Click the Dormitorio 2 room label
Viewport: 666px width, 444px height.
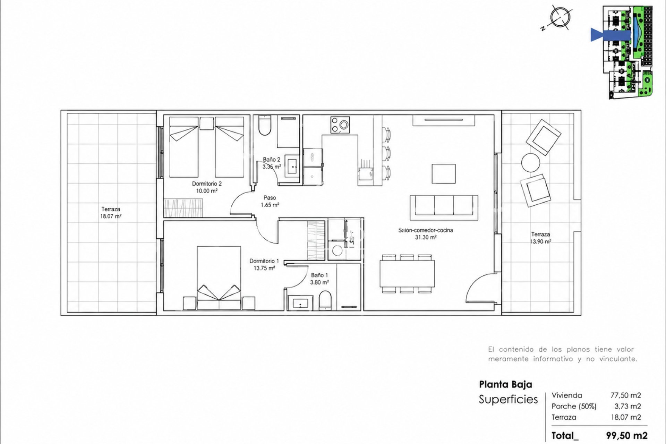(207, 183)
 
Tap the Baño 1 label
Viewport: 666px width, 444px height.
(319, 275)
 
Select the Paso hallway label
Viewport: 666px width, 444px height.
(270, 198)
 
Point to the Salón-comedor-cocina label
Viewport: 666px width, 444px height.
(426, 230)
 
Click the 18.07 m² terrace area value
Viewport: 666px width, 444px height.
(111, 216)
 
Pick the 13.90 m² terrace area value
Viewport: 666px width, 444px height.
(540, 241)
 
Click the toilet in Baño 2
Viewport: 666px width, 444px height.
(265, 125)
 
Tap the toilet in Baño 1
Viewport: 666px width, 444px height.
(325, 300)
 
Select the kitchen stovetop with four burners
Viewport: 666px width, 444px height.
(340, 125)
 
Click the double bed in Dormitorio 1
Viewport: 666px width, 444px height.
(219, 278)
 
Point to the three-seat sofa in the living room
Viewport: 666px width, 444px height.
(444, 207)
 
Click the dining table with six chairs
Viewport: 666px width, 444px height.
(407, 274)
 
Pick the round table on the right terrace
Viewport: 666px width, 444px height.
(530, 163)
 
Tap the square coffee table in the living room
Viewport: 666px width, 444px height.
(444, 174)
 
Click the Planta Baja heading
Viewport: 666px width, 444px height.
(505, 384)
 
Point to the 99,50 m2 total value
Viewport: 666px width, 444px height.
(627, 436)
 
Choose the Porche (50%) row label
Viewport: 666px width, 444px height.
(574, 406)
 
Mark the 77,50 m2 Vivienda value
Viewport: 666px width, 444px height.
(626, 395)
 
